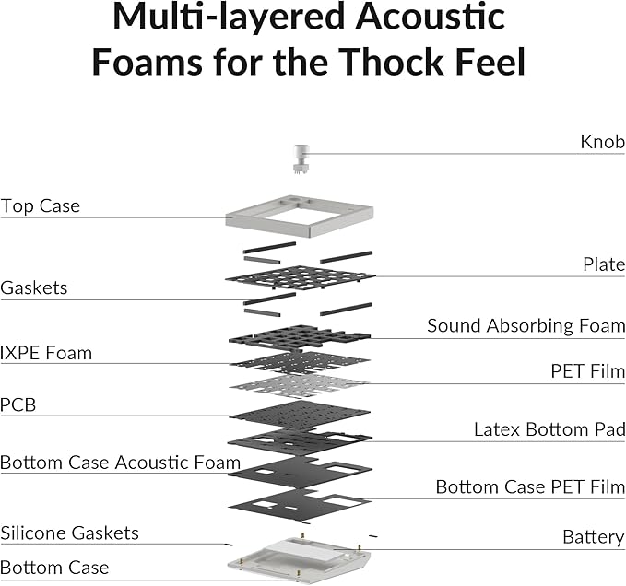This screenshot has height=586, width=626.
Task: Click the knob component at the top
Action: [x=300, y=158]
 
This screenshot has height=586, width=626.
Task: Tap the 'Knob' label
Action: [x=602, y=142]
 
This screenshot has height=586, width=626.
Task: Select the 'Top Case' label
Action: [x=40, y=205]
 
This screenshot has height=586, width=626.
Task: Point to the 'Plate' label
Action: [x=604, y=264]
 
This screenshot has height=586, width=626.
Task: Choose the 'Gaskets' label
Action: [x=34, y=288]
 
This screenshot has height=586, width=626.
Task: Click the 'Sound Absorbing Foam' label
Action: [x=526, y=326]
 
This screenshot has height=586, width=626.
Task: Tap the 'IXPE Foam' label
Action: [x=46, y=353]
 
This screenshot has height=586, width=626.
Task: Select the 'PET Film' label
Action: [x=587, y=371]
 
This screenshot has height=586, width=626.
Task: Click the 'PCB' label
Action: [x=18, y=404]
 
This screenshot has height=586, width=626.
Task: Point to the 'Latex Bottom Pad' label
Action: [x=549, y=429]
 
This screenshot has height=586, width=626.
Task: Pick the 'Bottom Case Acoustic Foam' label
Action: [x=120, y=463]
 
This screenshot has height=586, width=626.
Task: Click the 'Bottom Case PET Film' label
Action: [x=530, y=487]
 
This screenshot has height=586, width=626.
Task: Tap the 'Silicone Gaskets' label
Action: [x=69, y=533]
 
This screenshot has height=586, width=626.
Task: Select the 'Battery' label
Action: [x=593, y=537]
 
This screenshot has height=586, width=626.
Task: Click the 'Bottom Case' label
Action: [x=54, y=568]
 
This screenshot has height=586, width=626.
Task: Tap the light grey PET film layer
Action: [x=299, y=386]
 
